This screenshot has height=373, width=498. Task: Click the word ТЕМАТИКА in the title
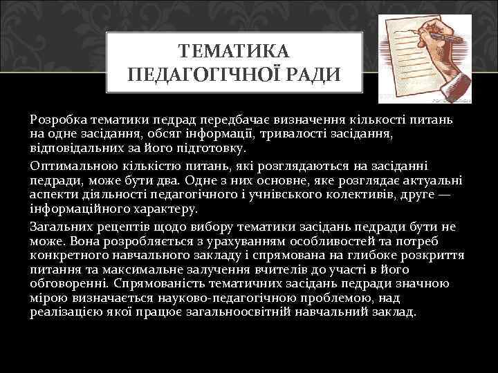234,52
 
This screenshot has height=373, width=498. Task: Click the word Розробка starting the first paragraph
57,120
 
